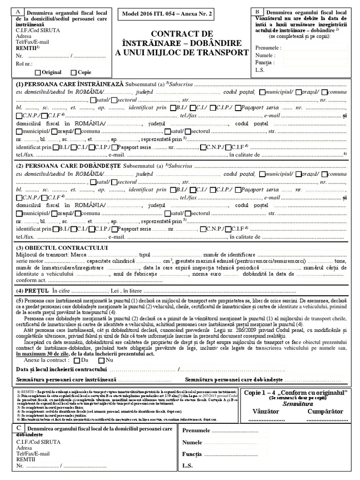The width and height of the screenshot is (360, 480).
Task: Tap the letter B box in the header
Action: pyautogui.click(x=257, y=11)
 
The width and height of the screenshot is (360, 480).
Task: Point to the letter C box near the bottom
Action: pyautogui.click(x=18, y=428)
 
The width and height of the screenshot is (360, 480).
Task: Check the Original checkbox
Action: pyautogui.click(x=38, y=73)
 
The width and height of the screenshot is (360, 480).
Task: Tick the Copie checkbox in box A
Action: pyautogui.click(x=74, y=73)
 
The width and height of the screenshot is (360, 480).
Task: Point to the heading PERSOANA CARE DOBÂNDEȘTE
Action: pyautogui.click(x=75, y=166)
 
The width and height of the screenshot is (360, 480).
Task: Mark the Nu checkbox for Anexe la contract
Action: pyautogui.click(x=102, y=361)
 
